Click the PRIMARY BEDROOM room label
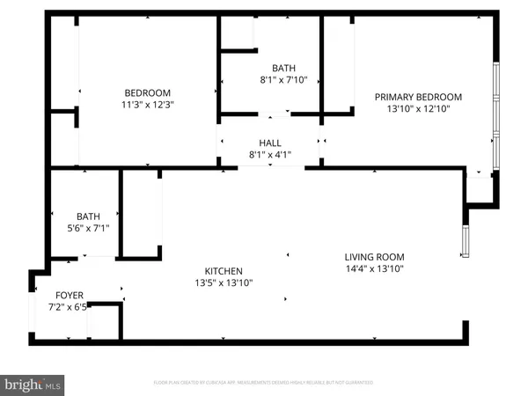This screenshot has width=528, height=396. [418, 97]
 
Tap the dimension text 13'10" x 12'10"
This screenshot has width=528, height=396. [418, 109]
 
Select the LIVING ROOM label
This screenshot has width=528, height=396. [374, 257]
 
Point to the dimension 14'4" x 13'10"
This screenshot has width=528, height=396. [374, 269]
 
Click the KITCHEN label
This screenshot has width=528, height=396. [224, 271]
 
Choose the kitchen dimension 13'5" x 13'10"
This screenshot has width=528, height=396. [224, 283]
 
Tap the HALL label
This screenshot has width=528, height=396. [270, 143]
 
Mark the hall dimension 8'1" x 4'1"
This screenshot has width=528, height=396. [270, 155]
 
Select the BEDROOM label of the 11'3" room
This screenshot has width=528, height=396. [146, 92]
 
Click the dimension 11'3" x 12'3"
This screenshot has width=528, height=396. [146, 105]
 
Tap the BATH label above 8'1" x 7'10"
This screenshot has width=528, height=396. [283, 68]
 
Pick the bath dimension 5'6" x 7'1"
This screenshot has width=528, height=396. [89, 228]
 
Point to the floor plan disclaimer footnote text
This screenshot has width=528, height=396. [263, 383]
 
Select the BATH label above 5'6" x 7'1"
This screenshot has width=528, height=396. [89, 216]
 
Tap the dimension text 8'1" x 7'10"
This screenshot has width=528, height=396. [283, 80]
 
